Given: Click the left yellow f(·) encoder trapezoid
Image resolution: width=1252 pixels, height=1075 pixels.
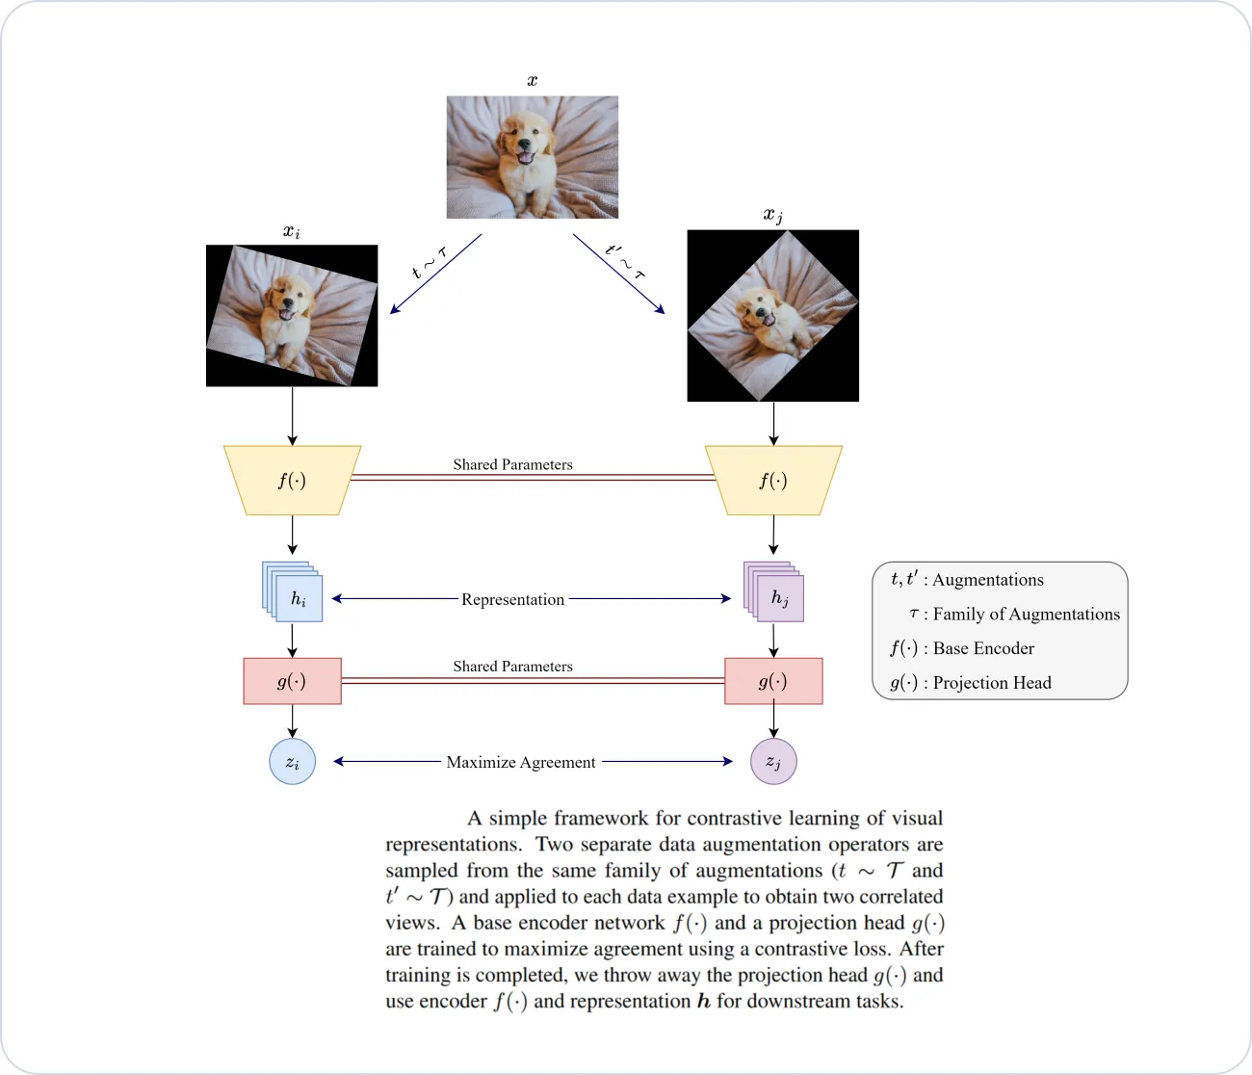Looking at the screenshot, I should click(x=292, y=480).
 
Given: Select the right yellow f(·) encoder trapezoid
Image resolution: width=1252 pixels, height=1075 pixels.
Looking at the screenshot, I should click(x=773, y=480).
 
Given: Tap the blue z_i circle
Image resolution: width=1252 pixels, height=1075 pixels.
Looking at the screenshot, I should click(x=292, y=761).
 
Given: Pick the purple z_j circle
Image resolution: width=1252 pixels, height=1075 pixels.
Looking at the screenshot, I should click(x=773, y=761).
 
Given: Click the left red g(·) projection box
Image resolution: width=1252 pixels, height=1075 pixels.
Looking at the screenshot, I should click(x=292, y=681).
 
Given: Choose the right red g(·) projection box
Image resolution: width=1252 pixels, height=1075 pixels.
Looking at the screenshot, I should click(x=773, y=681).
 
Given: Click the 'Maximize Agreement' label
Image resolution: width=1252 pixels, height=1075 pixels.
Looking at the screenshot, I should click(x=521, y=762).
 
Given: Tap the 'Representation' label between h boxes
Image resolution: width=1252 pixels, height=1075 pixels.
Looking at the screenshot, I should click(x=512, y=599).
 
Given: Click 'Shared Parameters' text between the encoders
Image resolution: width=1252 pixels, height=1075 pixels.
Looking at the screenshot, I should click(x=512, y=464).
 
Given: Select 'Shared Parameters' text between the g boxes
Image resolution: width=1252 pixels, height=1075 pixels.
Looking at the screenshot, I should click(x=512, y=666).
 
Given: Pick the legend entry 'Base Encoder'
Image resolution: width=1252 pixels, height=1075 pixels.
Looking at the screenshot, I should click(x=983, y=648).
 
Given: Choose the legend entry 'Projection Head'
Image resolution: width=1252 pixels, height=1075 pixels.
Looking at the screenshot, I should click(x=992, y=683).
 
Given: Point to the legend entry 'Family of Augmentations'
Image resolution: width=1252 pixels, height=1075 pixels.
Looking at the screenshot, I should click(x=1026, y=615).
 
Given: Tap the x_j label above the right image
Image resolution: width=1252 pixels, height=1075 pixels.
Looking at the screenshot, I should click(x=772, y=215).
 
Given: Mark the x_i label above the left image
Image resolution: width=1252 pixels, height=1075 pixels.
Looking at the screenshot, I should click(x=291, y=231).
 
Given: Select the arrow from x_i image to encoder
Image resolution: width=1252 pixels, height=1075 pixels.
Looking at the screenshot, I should click(x=292, y=416).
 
